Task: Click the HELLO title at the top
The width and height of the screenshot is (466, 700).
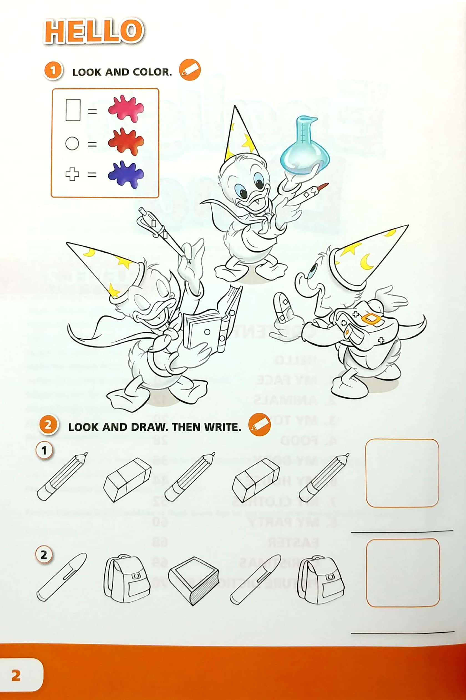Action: tap(94, 31)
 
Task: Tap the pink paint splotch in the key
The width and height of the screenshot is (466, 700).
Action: tap(126, 109)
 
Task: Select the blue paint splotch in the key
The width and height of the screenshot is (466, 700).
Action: tap(126, 174)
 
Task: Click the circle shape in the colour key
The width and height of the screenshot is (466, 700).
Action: tap(72, 143)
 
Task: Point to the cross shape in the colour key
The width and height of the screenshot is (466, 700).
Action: tap(72, 174)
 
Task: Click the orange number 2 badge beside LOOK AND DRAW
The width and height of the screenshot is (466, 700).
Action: tap(48, 425)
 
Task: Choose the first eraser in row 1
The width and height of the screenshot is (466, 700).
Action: tap(127, 480)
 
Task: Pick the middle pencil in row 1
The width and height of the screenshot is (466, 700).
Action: tap(190, 476)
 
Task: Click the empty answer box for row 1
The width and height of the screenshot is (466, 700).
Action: tap(402, 473)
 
